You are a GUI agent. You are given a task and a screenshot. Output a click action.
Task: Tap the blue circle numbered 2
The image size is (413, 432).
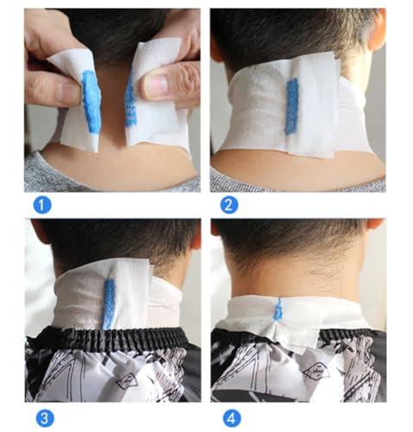[229, 205]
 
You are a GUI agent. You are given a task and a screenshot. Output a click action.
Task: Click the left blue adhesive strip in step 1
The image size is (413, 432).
[91, 102]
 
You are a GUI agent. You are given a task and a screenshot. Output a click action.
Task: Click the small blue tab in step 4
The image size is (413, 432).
[278, 309]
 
